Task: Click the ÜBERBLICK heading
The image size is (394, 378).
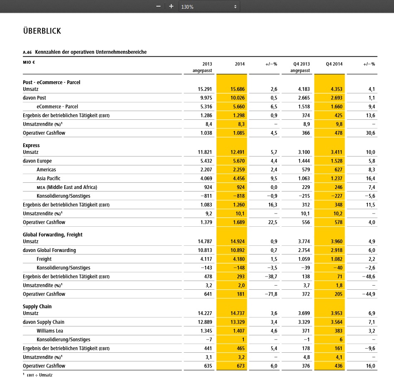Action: [42, 31]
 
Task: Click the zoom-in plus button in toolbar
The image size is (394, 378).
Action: [171, 7]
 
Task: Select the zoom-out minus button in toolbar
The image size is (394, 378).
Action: [158, 7]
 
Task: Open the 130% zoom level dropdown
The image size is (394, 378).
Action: [209, 7]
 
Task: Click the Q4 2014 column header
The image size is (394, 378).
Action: [334, 64]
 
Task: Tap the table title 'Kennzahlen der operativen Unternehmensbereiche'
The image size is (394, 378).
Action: [91, 52]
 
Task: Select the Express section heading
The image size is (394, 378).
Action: [31, 145]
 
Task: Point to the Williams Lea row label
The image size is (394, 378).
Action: [50, 331]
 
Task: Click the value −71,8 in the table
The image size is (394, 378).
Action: [270, 294]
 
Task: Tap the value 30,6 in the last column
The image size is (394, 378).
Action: [370, 133]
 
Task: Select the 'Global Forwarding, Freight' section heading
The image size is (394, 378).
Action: [53, 235]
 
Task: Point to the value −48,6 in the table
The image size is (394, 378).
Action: [369, 276]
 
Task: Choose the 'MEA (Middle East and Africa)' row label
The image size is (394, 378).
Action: [67, 187]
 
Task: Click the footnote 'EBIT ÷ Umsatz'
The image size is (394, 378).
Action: [40, 375]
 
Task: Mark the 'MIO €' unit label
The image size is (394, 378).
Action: [29, 62]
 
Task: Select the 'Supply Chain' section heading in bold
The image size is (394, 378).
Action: [37, 306]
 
